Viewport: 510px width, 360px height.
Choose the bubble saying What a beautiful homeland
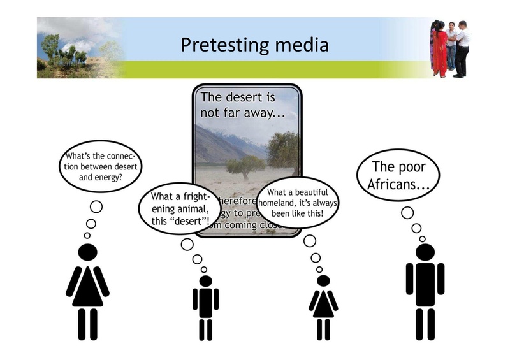298,202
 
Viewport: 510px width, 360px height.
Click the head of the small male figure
205,281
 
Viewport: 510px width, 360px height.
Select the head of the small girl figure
323,281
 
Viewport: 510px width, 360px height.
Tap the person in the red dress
439,48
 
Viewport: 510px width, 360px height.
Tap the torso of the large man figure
425,280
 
